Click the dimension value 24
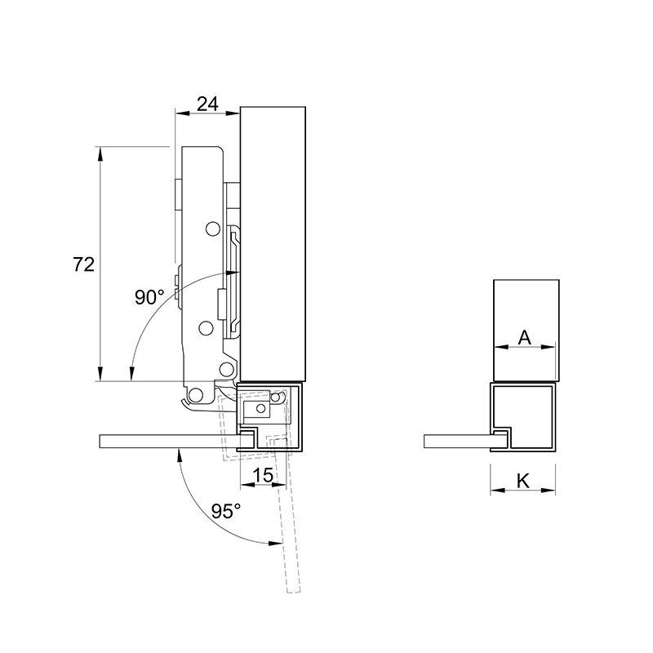[x=207, y=104]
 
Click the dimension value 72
[x=84, y=264]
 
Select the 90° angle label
[x=149, y=297]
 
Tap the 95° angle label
[x=226, y=511]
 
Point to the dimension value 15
[x=263, y=475]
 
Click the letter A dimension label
[x=525, y=337]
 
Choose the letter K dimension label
[x=523, y=481]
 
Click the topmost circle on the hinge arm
[x=213, y=229]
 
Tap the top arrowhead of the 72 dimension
[x=100, y=153]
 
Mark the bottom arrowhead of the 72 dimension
[x=100, y=374]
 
